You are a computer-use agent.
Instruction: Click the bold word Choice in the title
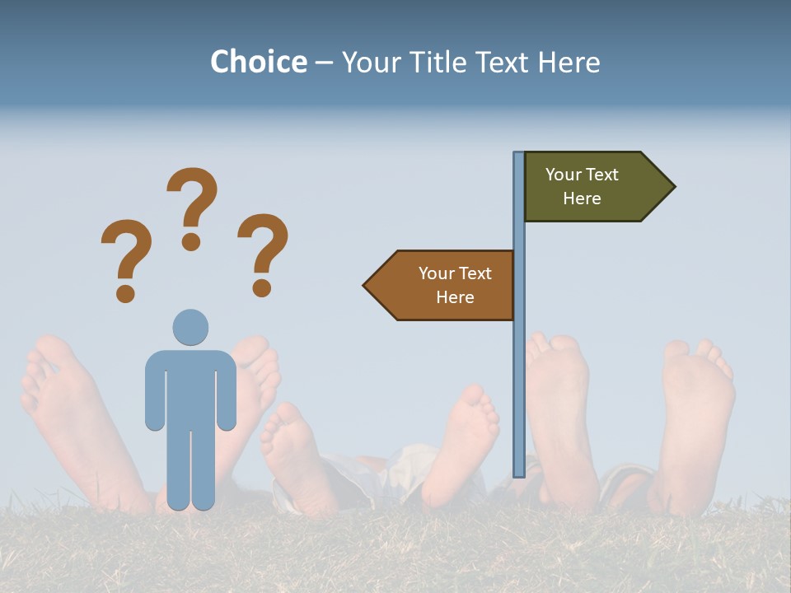pos(258,62)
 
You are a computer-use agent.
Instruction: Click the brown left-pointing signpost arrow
pos(445,285)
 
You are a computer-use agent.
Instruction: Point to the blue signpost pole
pos(519,371)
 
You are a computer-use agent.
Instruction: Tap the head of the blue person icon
pos(190,327)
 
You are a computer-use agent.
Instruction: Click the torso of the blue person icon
pos(190,387)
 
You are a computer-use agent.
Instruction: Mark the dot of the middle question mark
pos(191,241)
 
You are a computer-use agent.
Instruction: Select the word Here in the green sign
pos(582,198)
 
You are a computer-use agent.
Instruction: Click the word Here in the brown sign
pos(455,297)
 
